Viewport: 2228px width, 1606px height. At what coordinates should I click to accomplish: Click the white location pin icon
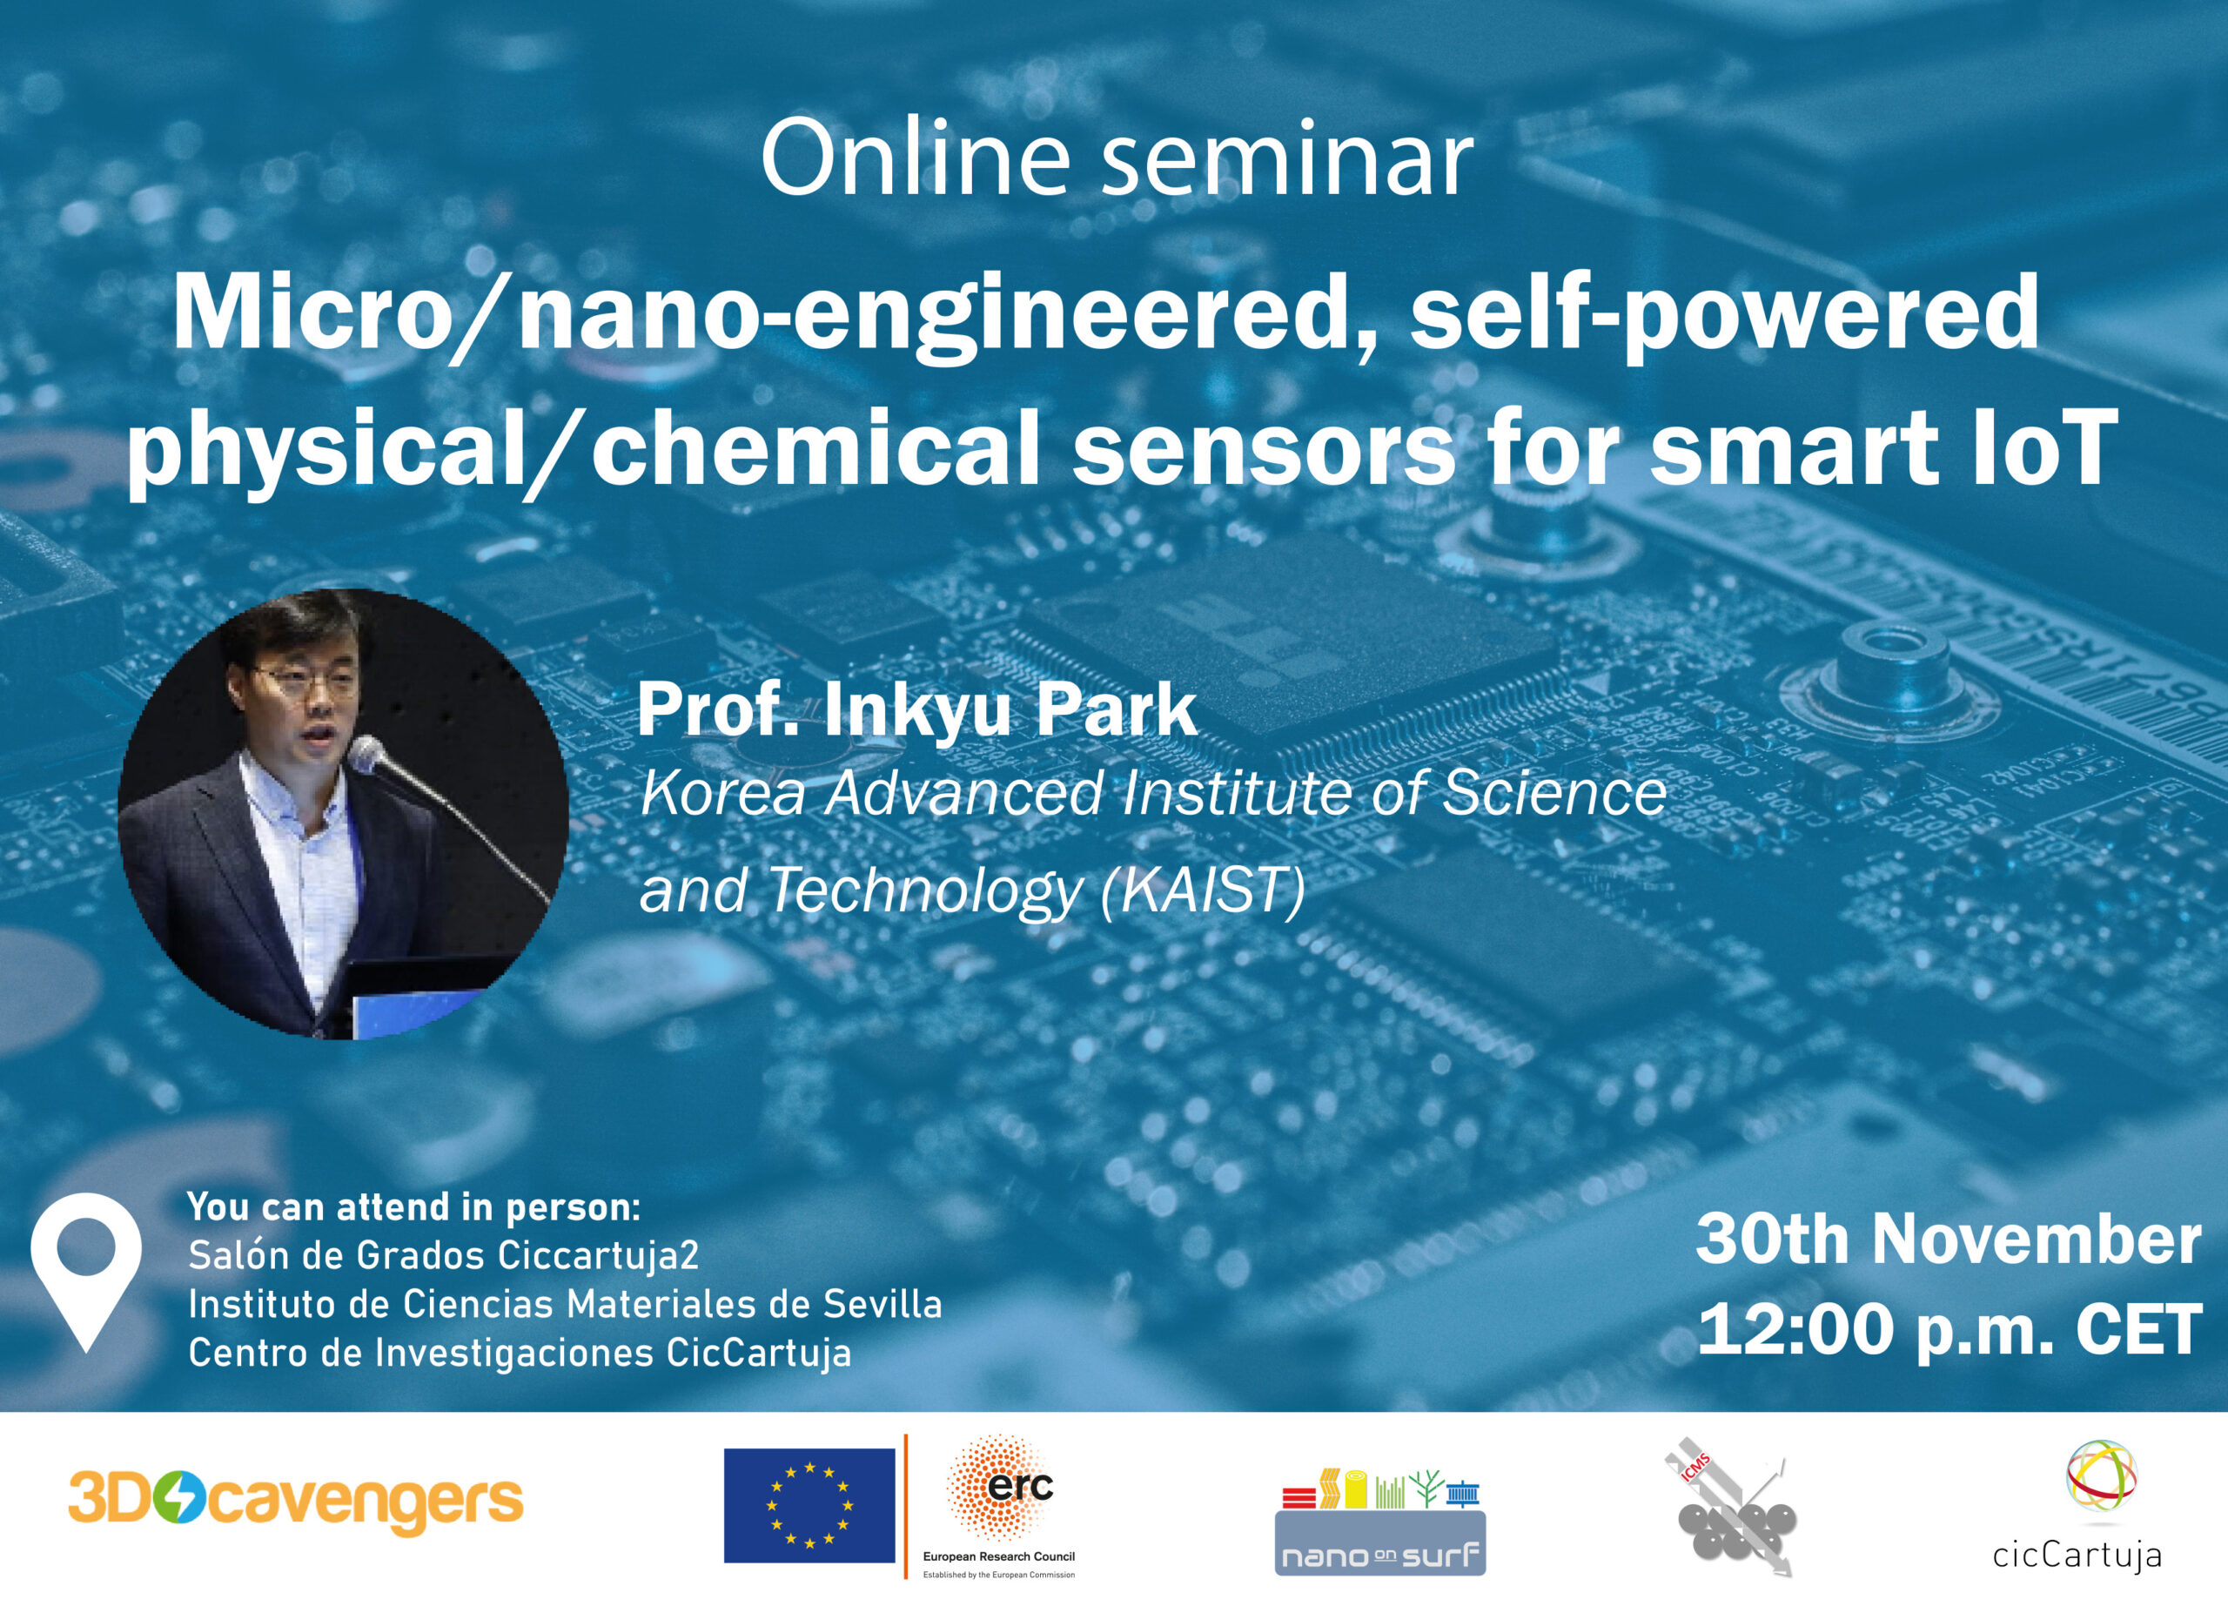coord(86,1273)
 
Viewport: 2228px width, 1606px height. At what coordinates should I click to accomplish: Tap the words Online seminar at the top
coord(1117,160)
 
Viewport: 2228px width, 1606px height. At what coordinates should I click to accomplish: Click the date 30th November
coord(1948,1240)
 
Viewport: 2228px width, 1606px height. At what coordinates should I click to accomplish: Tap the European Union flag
coord(809,1505)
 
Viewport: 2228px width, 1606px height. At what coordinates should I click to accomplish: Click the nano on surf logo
coord(1380,1522)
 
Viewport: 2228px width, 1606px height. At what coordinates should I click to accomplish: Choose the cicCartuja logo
coord(2077,1507)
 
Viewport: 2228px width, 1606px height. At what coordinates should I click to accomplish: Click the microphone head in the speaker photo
coord(367,755)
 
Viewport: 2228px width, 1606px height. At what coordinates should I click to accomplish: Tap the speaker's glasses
coord(306,682)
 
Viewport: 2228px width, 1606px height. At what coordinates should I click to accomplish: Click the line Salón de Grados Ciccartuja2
coord(444,1254)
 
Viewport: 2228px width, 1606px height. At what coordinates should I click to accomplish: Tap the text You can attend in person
coord(413,1206)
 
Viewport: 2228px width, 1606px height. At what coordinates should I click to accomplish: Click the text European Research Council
coord(999,1556)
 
